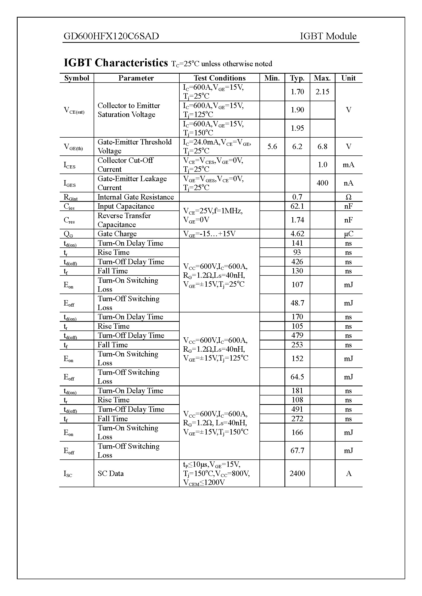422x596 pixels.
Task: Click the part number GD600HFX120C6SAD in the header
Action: click(x=111, y=36)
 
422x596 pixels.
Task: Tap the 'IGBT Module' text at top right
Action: click(x=328, y=36)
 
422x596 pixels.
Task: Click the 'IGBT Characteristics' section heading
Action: click(x=116, y=63)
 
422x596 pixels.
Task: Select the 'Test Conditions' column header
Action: click(x=219, y=78)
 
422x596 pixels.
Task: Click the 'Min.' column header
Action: click(x=272, y=78)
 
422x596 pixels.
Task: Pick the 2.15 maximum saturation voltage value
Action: click(x=322, y=92)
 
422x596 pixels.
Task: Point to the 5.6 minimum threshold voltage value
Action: click(x=272, y=147)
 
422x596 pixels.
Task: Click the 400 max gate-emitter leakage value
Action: click(x=322, y=183)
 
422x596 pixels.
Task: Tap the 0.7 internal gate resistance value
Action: click(x=297, y=197)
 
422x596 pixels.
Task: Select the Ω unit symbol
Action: click(x=349, y=197)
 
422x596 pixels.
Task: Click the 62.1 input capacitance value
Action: click(x=297, y=206)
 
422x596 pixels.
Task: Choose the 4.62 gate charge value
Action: click(x=297, y=234)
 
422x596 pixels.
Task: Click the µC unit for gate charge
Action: click(x=349, y=234)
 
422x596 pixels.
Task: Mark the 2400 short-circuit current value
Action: click(x=297, y=473)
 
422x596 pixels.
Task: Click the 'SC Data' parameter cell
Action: click(x=110, y=473)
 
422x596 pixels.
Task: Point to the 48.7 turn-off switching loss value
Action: click(x=297, y=303)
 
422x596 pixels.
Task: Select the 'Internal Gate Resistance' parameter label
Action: click(x=135, y=197)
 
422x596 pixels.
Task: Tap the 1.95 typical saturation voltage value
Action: click(x=297, y=128)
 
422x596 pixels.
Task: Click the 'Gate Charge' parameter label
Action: click(x=117, y=234)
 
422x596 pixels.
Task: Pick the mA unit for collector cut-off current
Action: click(x=349, y=165)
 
